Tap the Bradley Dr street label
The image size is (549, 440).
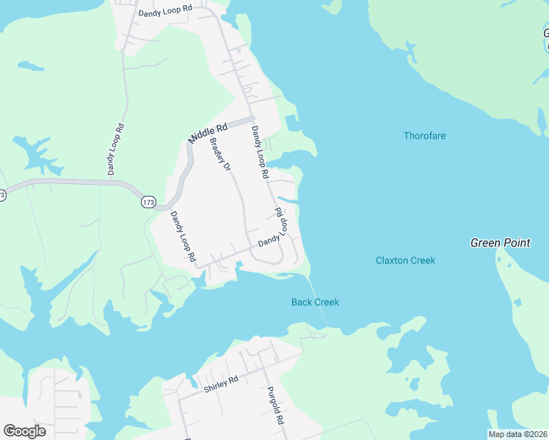click(x=221, y=155)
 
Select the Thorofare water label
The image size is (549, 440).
click(x=424, y=136)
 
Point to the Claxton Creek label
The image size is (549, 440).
click(x=405, y=260)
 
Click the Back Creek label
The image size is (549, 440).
click(x=315, y=302)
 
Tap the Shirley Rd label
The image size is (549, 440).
click(x=222, y=381)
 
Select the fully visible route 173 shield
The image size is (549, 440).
click(x=149, y=202)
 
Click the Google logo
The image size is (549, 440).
click(x=24, y=431)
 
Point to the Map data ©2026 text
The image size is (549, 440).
click(x=517, y=434)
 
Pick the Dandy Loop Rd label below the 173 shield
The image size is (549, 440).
click(x=183, y=236)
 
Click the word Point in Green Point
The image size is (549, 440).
click(x=517, y=243)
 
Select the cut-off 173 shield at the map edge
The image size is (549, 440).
click(x=2, y=195)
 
